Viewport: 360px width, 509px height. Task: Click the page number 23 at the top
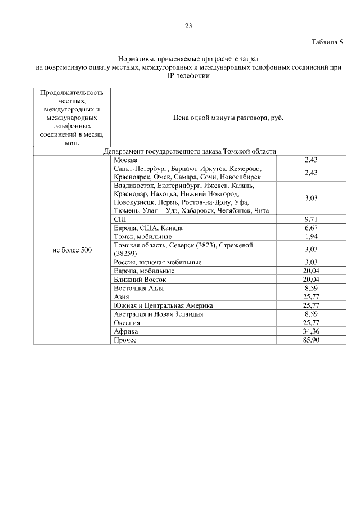[188, 25]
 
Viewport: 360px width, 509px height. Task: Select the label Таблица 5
[327, 42]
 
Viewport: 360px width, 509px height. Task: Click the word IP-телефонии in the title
[188, 76]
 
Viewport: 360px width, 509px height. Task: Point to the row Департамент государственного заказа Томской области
[189, 151]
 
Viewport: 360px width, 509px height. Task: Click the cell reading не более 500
[72, 250]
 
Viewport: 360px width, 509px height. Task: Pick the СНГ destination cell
[121, 219]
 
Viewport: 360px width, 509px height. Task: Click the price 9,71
[311, 219]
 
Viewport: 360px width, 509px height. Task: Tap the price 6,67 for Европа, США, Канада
[311, 228]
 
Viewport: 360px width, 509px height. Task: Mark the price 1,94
[311, 236]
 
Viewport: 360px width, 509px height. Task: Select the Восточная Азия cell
[138, 288]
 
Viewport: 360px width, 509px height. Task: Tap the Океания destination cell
[127, 322]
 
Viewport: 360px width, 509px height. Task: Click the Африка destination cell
[126, 331]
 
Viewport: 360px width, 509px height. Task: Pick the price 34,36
[311, 331]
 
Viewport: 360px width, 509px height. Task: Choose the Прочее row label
[125, 340]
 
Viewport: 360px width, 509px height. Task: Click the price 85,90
[311, 340]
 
